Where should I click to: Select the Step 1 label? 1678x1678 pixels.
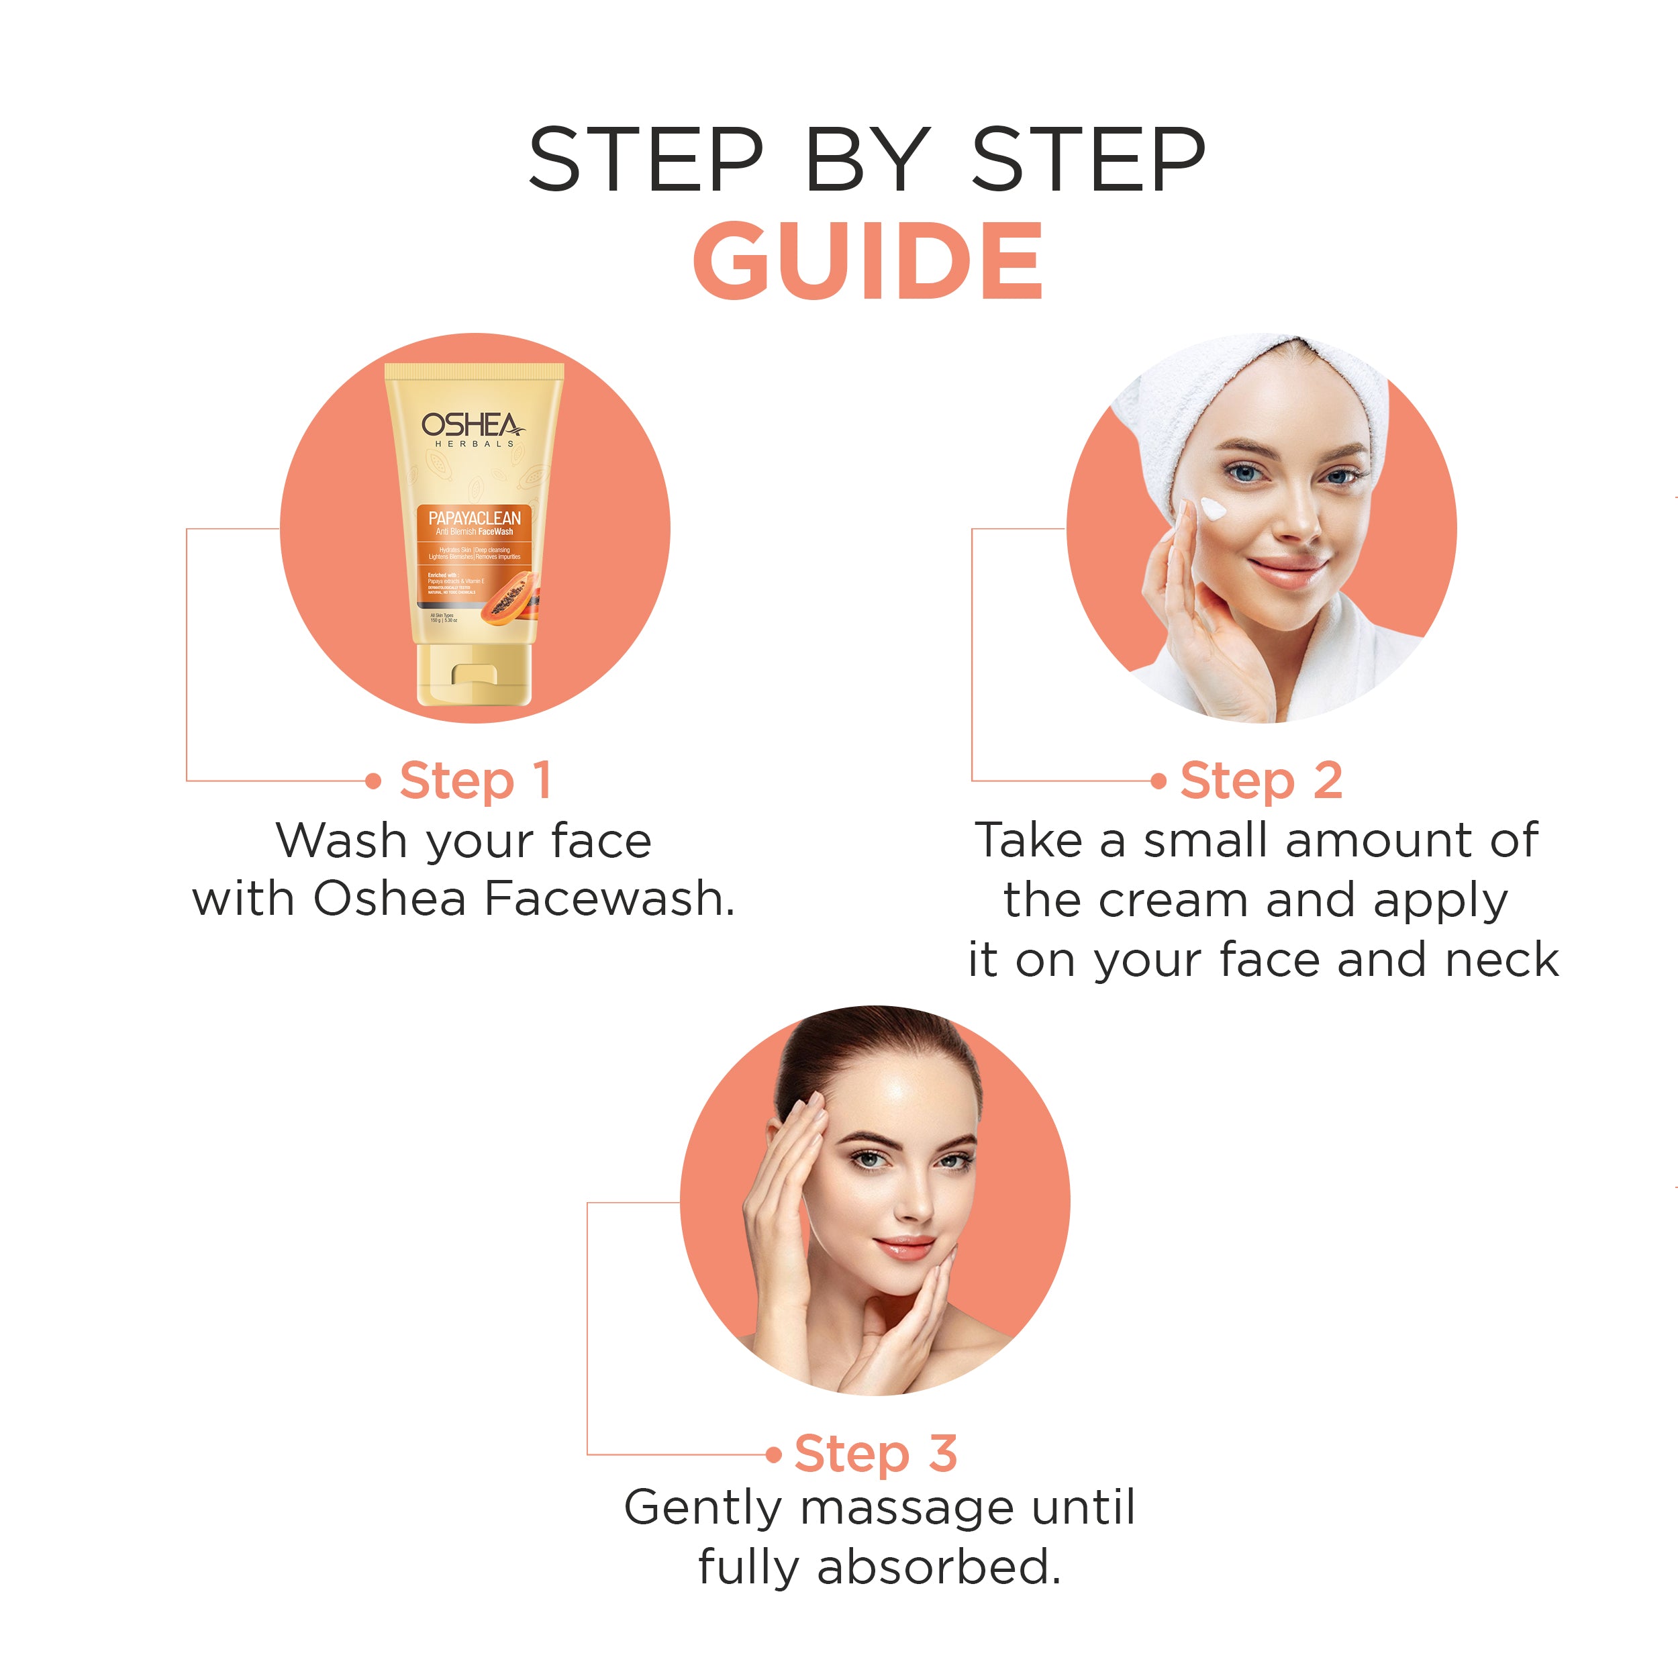(x=475, y=780)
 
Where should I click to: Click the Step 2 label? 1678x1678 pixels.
(x=1261, y=780)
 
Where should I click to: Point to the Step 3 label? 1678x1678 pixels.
(x=875, y=1453)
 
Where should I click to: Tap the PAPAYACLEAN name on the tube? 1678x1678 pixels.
(x=475, y=517)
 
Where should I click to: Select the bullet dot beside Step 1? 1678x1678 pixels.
(x=373, y=781)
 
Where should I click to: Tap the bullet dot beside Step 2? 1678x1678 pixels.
(x=1158, y=781)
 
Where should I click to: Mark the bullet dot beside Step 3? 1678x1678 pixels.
(x=774, y=1454)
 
